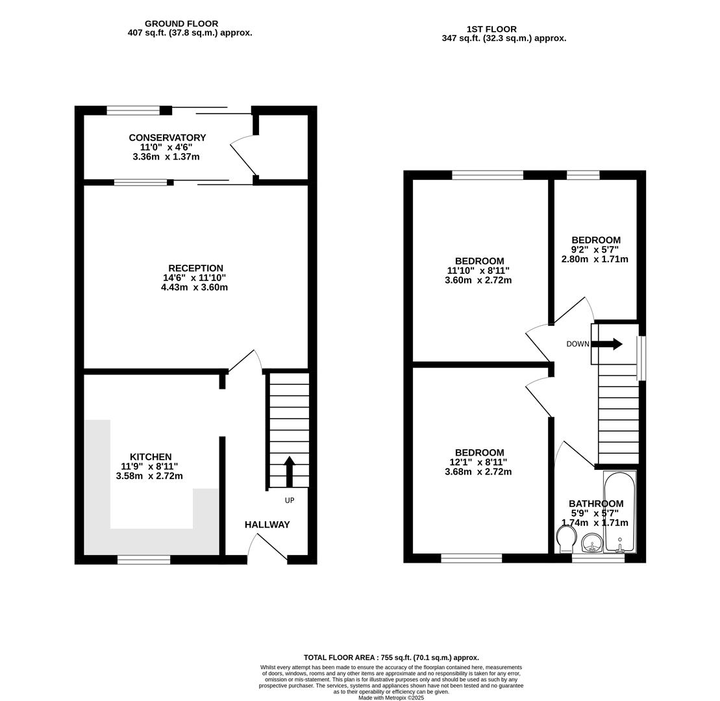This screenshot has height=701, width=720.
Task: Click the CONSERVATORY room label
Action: (167, 138)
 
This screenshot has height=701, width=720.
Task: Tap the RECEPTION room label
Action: (195, 268)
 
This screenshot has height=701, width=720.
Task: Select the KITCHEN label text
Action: (151, 457)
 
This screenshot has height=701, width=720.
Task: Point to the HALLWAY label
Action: (267, 524)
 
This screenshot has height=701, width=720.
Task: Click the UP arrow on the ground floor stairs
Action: (290, 471)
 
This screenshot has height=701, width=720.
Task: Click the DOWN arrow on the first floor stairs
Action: (608, 344)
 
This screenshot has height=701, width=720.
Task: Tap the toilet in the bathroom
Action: (565, 539)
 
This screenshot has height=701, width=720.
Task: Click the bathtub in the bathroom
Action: (620, 512)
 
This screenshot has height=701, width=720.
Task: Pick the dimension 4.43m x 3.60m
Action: (194, 288)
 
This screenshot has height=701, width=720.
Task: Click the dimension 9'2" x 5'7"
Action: (595, 250)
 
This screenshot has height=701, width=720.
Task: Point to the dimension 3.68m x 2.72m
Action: (478, 472)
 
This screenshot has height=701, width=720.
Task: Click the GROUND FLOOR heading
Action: (181, 24)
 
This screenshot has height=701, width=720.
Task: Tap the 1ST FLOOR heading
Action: (491, 29)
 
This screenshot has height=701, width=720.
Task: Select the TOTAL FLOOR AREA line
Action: (391, 658)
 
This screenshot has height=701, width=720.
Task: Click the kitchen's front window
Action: (144, 560)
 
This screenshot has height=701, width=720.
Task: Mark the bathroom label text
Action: (596, 504)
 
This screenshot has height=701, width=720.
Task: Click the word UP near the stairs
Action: (290, 500)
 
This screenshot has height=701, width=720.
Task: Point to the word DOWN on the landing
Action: (578, 344)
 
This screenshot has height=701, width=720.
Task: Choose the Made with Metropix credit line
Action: (391, 698)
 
